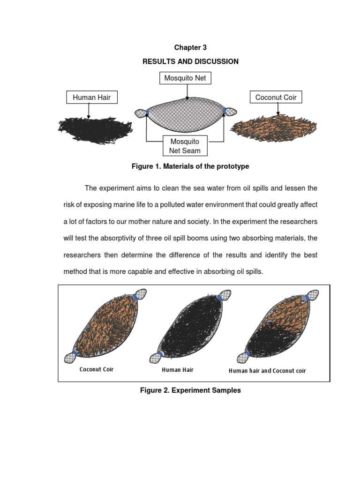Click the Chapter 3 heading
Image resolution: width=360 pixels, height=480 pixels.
click(190, 47)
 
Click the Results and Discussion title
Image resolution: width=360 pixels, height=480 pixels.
click(190, 61)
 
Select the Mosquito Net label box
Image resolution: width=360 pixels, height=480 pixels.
click(185, 78)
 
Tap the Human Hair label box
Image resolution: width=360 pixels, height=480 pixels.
click(91, 97)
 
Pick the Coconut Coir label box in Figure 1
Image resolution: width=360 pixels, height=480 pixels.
click(276, 97)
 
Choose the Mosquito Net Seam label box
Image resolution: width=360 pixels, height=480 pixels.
click(185, 146)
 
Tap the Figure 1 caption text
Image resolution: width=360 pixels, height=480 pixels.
click(190, 166)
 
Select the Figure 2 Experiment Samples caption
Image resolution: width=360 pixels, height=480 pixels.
click(190, 390)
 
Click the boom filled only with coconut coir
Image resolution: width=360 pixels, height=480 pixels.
click(108, 326)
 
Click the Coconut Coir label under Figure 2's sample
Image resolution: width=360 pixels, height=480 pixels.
click(97, 369)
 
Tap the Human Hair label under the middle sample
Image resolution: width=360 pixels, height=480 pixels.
click(178, 370)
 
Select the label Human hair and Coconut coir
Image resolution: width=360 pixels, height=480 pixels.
click(267, 371)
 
